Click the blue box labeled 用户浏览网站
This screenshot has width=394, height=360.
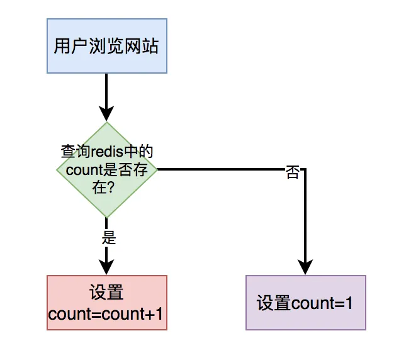pyautogui.click(x=107, y=46)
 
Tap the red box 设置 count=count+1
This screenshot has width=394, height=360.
pyautogui.click(x=107, y=303)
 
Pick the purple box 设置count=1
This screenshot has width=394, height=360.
pyautogui.click(x=305, y=303)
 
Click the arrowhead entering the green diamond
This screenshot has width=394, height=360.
pyautogui.click(x=107, y=113)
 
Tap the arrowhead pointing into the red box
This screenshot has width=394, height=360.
pyautogui.click(x=107, y=267)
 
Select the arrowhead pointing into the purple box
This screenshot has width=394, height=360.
pyautogui.click(x=305, y=267)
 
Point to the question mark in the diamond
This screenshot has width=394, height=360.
pyautogui.click(x=115, y=187)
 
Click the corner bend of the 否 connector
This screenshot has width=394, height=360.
pyautogui.click(x=305, y=169)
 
